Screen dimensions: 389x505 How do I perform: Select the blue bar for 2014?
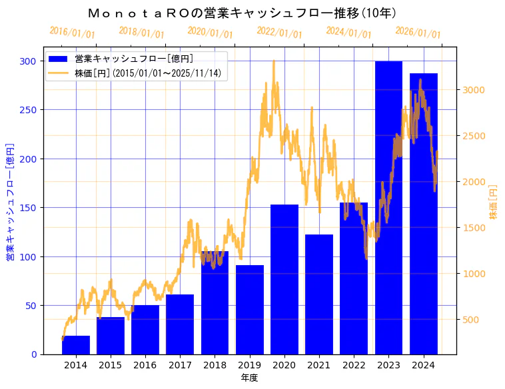[76, 345]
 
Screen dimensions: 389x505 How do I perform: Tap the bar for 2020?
[284, 280]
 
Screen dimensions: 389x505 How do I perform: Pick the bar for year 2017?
[180, 324]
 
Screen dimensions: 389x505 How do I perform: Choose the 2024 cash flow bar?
[424, 214]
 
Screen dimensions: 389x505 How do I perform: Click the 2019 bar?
[250, 310]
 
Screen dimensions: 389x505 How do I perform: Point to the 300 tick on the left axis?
[29, 61]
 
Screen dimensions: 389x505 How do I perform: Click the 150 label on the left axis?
[29, 208]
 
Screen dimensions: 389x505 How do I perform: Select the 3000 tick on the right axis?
[474, 90]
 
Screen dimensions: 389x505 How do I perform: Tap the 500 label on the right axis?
[471, 320]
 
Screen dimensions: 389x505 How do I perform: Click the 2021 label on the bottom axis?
[319, 365]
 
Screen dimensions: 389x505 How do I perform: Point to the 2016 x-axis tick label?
[145, 365]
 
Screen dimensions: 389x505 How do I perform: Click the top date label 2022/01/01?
[279, 33]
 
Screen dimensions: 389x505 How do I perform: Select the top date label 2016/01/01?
[72, 33]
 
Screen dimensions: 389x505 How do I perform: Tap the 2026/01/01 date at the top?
[418, 33]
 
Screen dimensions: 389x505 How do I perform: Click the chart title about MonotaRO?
[243, 13]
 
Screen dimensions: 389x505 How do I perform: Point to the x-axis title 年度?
[249, 378]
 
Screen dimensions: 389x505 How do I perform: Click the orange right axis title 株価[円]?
[494, 202]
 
